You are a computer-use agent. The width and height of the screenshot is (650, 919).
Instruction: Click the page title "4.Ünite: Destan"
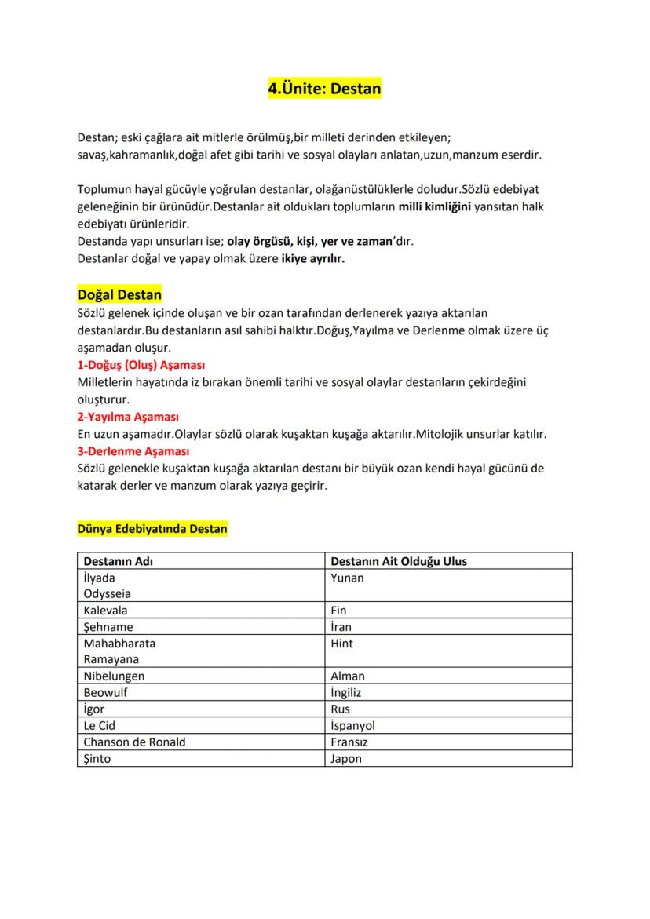click(x=324, y=89)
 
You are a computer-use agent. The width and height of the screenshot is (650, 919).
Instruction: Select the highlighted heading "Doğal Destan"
click(x=119, y=295)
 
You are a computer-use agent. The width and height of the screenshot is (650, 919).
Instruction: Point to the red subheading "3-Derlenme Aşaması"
click(x=133, y=451)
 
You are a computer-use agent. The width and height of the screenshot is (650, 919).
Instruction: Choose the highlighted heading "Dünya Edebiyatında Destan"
click(x=152, y=528)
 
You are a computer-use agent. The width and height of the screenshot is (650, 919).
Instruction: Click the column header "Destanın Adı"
click(x=118, y=561)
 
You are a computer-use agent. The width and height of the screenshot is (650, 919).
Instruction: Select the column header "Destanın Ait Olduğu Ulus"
click(x=399, y=561)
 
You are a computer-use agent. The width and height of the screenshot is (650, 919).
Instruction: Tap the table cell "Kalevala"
click(x=106, y=610)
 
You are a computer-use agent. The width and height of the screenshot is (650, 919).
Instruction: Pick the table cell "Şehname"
click(x=108, y=626)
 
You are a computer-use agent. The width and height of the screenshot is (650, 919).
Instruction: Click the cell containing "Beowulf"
click(x=105, y=692)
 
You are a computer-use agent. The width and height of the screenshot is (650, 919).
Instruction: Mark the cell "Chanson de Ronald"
click(x=134, y=742)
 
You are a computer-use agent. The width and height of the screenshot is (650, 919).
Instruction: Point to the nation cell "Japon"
click(x=346, y=758)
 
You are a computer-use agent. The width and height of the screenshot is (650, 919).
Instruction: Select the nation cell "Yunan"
click(x=347, y=578)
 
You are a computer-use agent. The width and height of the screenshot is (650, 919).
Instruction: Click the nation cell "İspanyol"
click(x=352, y=725)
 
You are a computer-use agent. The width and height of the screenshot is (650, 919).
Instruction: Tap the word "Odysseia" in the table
click(x=107, y=594)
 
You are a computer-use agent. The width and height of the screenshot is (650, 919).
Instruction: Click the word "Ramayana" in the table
click(x=111, y=659)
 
